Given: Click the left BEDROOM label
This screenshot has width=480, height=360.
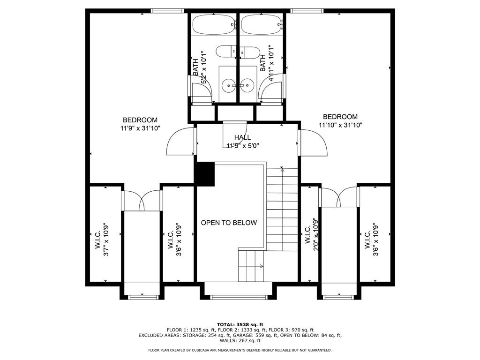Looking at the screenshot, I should pyautogui.click(x=140, y=120).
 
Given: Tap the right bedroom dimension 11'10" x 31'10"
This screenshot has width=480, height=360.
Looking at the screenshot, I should pyautogui.click(x=340, y=125).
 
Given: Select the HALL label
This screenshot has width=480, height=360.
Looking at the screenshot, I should pyautogui.click(x=243, y=137).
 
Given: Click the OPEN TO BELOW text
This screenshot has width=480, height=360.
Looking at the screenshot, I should pyautogui.click(x=229, y=223).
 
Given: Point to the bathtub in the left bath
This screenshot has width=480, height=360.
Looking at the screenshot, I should pyautogui.click(x=213, y=24).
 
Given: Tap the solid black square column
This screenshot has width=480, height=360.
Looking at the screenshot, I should pyautogui.click(x=204, y=173).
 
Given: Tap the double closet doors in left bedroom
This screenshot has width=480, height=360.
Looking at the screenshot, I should pyautogui.click(x=142, y=200).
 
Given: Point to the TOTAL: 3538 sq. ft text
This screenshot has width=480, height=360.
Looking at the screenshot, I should pyautogui.click(x=240, y=324).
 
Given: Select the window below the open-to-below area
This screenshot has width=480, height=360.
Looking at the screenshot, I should pyautogui.click(x=238, y=297).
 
